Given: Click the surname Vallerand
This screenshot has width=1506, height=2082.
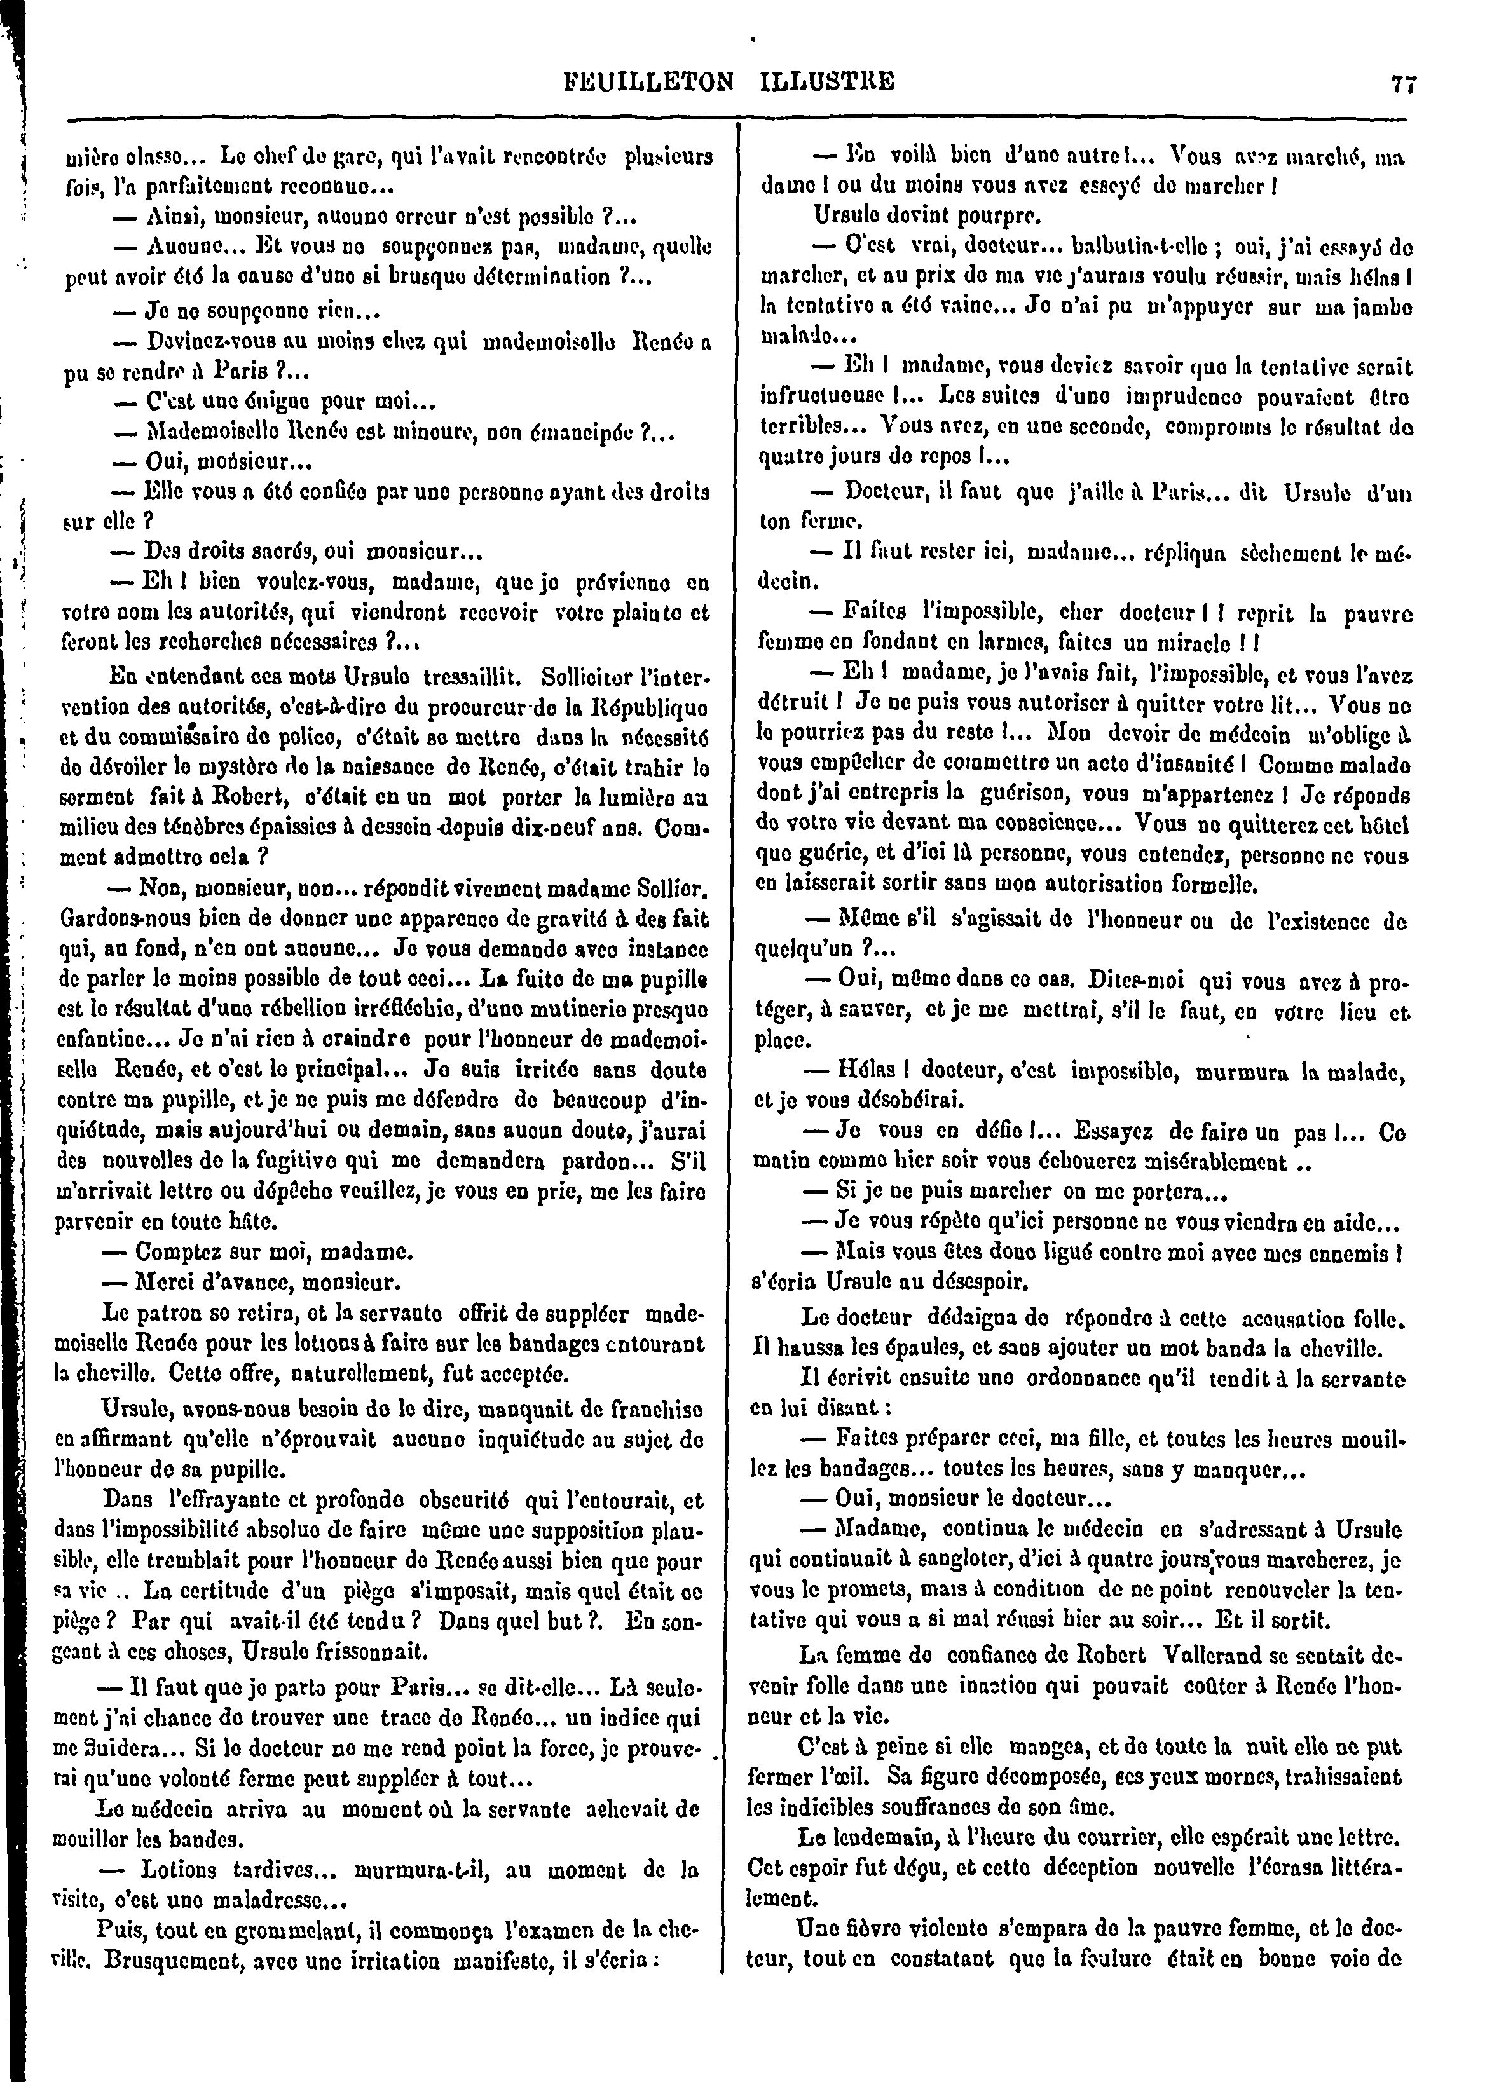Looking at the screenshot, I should point(1224,1656).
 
